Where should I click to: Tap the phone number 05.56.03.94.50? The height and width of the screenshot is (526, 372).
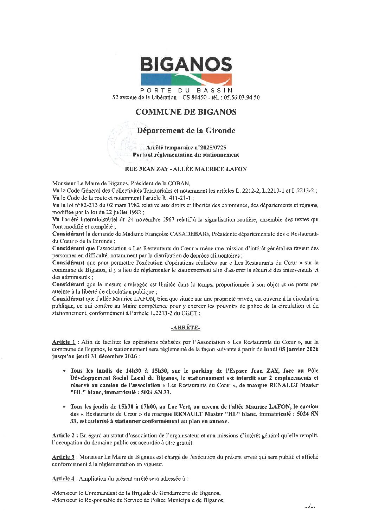(x=241, y=97)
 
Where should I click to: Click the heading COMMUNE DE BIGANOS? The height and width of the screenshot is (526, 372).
(x=186, y=112)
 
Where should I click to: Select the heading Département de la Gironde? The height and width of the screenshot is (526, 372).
(x=186, y=131)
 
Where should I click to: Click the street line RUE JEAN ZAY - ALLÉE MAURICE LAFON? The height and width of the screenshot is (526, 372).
(x=186, y=169)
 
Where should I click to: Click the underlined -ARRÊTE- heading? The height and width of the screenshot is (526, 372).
(x=186, y=328)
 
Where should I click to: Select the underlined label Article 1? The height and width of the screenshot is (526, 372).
(x=64, y=342)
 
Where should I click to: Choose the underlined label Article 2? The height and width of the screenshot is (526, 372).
(x=63, y=436)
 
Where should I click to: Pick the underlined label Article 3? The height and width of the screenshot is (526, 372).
(x=63, y=457)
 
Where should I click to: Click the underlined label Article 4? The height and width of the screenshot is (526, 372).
(x=63, y=479)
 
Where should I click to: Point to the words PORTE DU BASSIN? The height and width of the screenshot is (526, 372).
(x=186, y=91)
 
